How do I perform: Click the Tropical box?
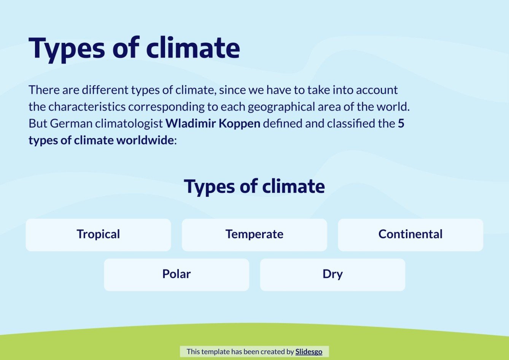coord(98,235)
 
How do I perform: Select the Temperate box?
coord(254,235)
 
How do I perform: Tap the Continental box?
coord(410,235)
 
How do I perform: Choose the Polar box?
coord(176,274)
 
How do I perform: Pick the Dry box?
coord(332,274)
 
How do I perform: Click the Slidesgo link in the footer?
coord(309,352)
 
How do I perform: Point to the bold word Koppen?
coord(239,124)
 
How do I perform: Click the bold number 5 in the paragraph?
coord(401,124)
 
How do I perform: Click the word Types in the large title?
coord(67,48)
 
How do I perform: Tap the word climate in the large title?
coord(193,48)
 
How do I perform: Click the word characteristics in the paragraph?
coord(87,107)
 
